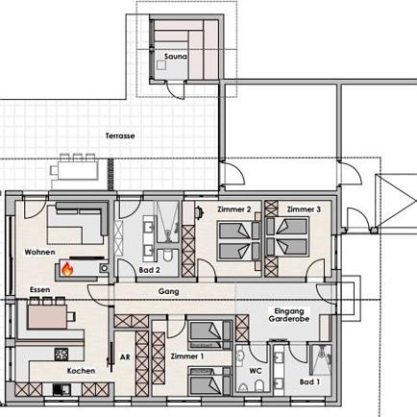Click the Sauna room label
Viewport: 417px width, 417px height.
pos(176,57)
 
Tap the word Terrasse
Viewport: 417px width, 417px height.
pos(120,135)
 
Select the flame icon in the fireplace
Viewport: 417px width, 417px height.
pos(67,269)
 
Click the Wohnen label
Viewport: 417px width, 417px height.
pos(39,252)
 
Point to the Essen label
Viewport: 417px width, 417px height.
pos(40,289)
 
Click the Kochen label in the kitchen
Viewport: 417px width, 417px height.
pos(81,371)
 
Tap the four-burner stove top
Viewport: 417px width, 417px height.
pos(61,355)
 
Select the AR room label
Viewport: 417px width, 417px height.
pos(125,356)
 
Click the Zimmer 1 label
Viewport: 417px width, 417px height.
pos(187,356)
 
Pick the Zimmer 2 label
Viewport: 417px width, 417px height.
pos(234,209)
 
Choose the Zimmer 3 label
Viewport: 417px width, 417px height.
pos(304,209)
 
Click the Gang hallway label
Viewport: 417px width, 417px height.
pos(169,292)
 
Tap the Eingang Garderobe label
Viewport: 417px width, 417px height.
pos(289,315)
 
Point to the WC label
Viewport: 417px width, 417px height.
pos(256,371)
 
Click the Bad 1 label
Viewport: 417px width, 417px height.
pos(309,381)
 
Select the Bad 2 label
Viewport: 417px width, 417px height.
pos(149,270)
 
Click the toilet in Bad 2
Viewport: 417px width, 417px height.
pos(167,256)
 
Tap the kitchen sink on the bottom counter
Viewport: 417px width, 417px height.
pos(61,390)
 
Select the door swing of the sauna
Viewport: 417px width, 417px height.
pos(176,89)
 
